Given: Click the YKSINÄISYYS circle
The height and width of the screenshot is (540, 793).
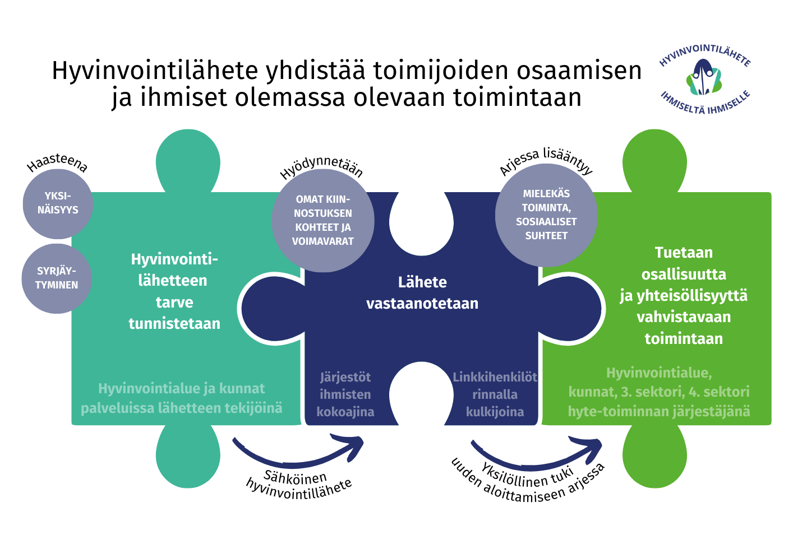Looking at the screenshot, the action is (58, 204).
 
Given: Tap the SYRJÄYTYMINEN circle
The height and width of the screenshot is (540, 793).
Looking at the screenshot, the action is (57, 278).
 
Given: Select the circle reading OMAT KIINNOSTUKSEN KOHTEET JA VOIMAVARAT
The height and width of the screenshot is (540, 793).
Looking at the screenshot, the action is (323, 220).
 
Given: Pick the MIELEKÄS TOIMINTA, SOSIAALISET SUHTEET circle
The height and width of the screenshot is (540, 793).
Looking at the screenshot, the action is (546, 215).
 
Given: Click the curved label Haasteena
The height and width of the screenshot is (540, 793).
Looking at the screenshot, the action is (57, 163).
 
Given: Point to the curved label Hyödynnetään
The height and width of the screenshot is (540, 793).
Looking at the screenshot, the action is (321, 167).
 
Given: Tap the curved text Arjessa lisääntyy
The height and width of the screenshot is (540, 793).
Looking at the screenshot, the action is (546, 161).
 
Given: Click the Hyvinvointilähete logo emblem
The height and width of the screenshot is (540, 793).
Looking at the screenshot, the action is (704, 77).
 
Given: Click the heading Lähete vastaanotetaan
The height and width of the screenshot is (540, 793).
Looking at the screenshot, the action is (422, 293).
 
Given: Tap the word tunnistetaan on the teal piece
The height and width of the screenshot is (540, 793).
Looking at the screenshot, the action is (174, 324).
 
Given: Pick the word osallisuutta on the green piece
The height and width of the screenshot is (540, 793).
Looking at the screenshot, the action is (684, 274).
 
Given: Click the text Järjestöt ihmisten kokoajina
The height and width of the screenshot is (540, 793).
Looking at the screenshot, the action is (345, 394).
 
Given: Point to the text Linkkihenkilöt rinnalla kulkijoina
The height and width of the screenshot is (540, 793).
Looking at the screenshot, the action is (495, 394).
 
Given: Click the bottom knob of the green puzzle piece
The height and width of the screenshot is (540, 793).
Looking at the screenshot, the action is (654, 456).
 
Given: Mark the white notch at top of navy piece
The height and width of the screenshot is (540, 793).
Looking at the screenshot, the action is (421, 224).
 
